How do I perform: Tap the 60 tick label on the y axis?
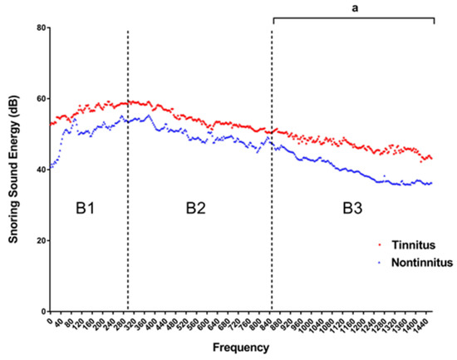[39, 99]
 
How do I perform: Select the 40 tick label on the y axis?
[39, 170]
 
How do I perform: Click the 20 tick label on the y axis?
[39, 241]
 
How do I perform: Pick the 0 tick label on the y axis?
[42, 312]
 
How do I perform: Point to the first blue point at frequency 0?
[51, 168]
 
